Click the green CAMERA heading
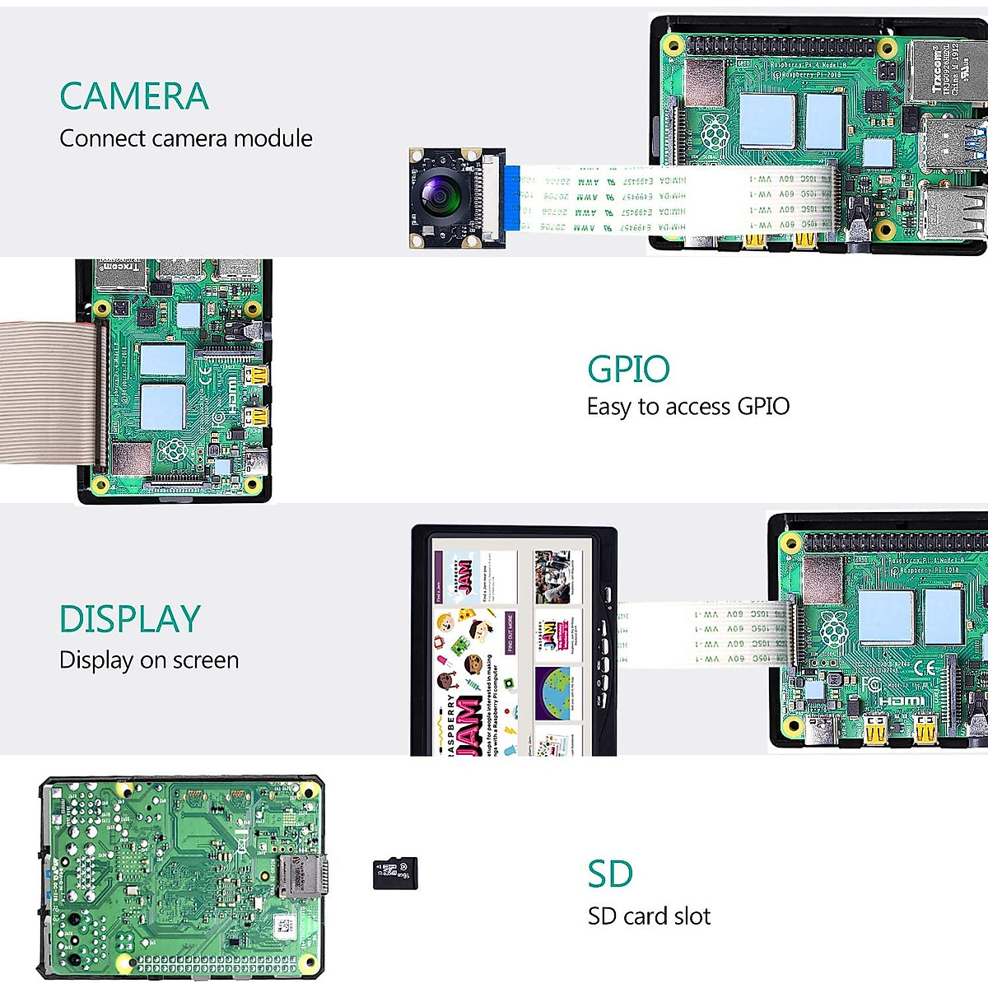[x=134, y=96]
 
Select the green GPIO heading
[x=628, y=369]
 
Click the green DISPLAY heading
[x=130, y=619]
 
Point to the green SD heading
[x=610, y=874]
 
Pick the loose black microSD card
[x=395, y=874]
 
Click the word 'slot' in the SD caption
[x=689, y=916]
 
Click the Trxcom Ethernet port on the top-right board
[x=945, y=72]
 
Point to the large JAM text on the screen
[x=468, y=725]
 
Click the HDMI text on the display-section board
[x=902, y=701]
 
